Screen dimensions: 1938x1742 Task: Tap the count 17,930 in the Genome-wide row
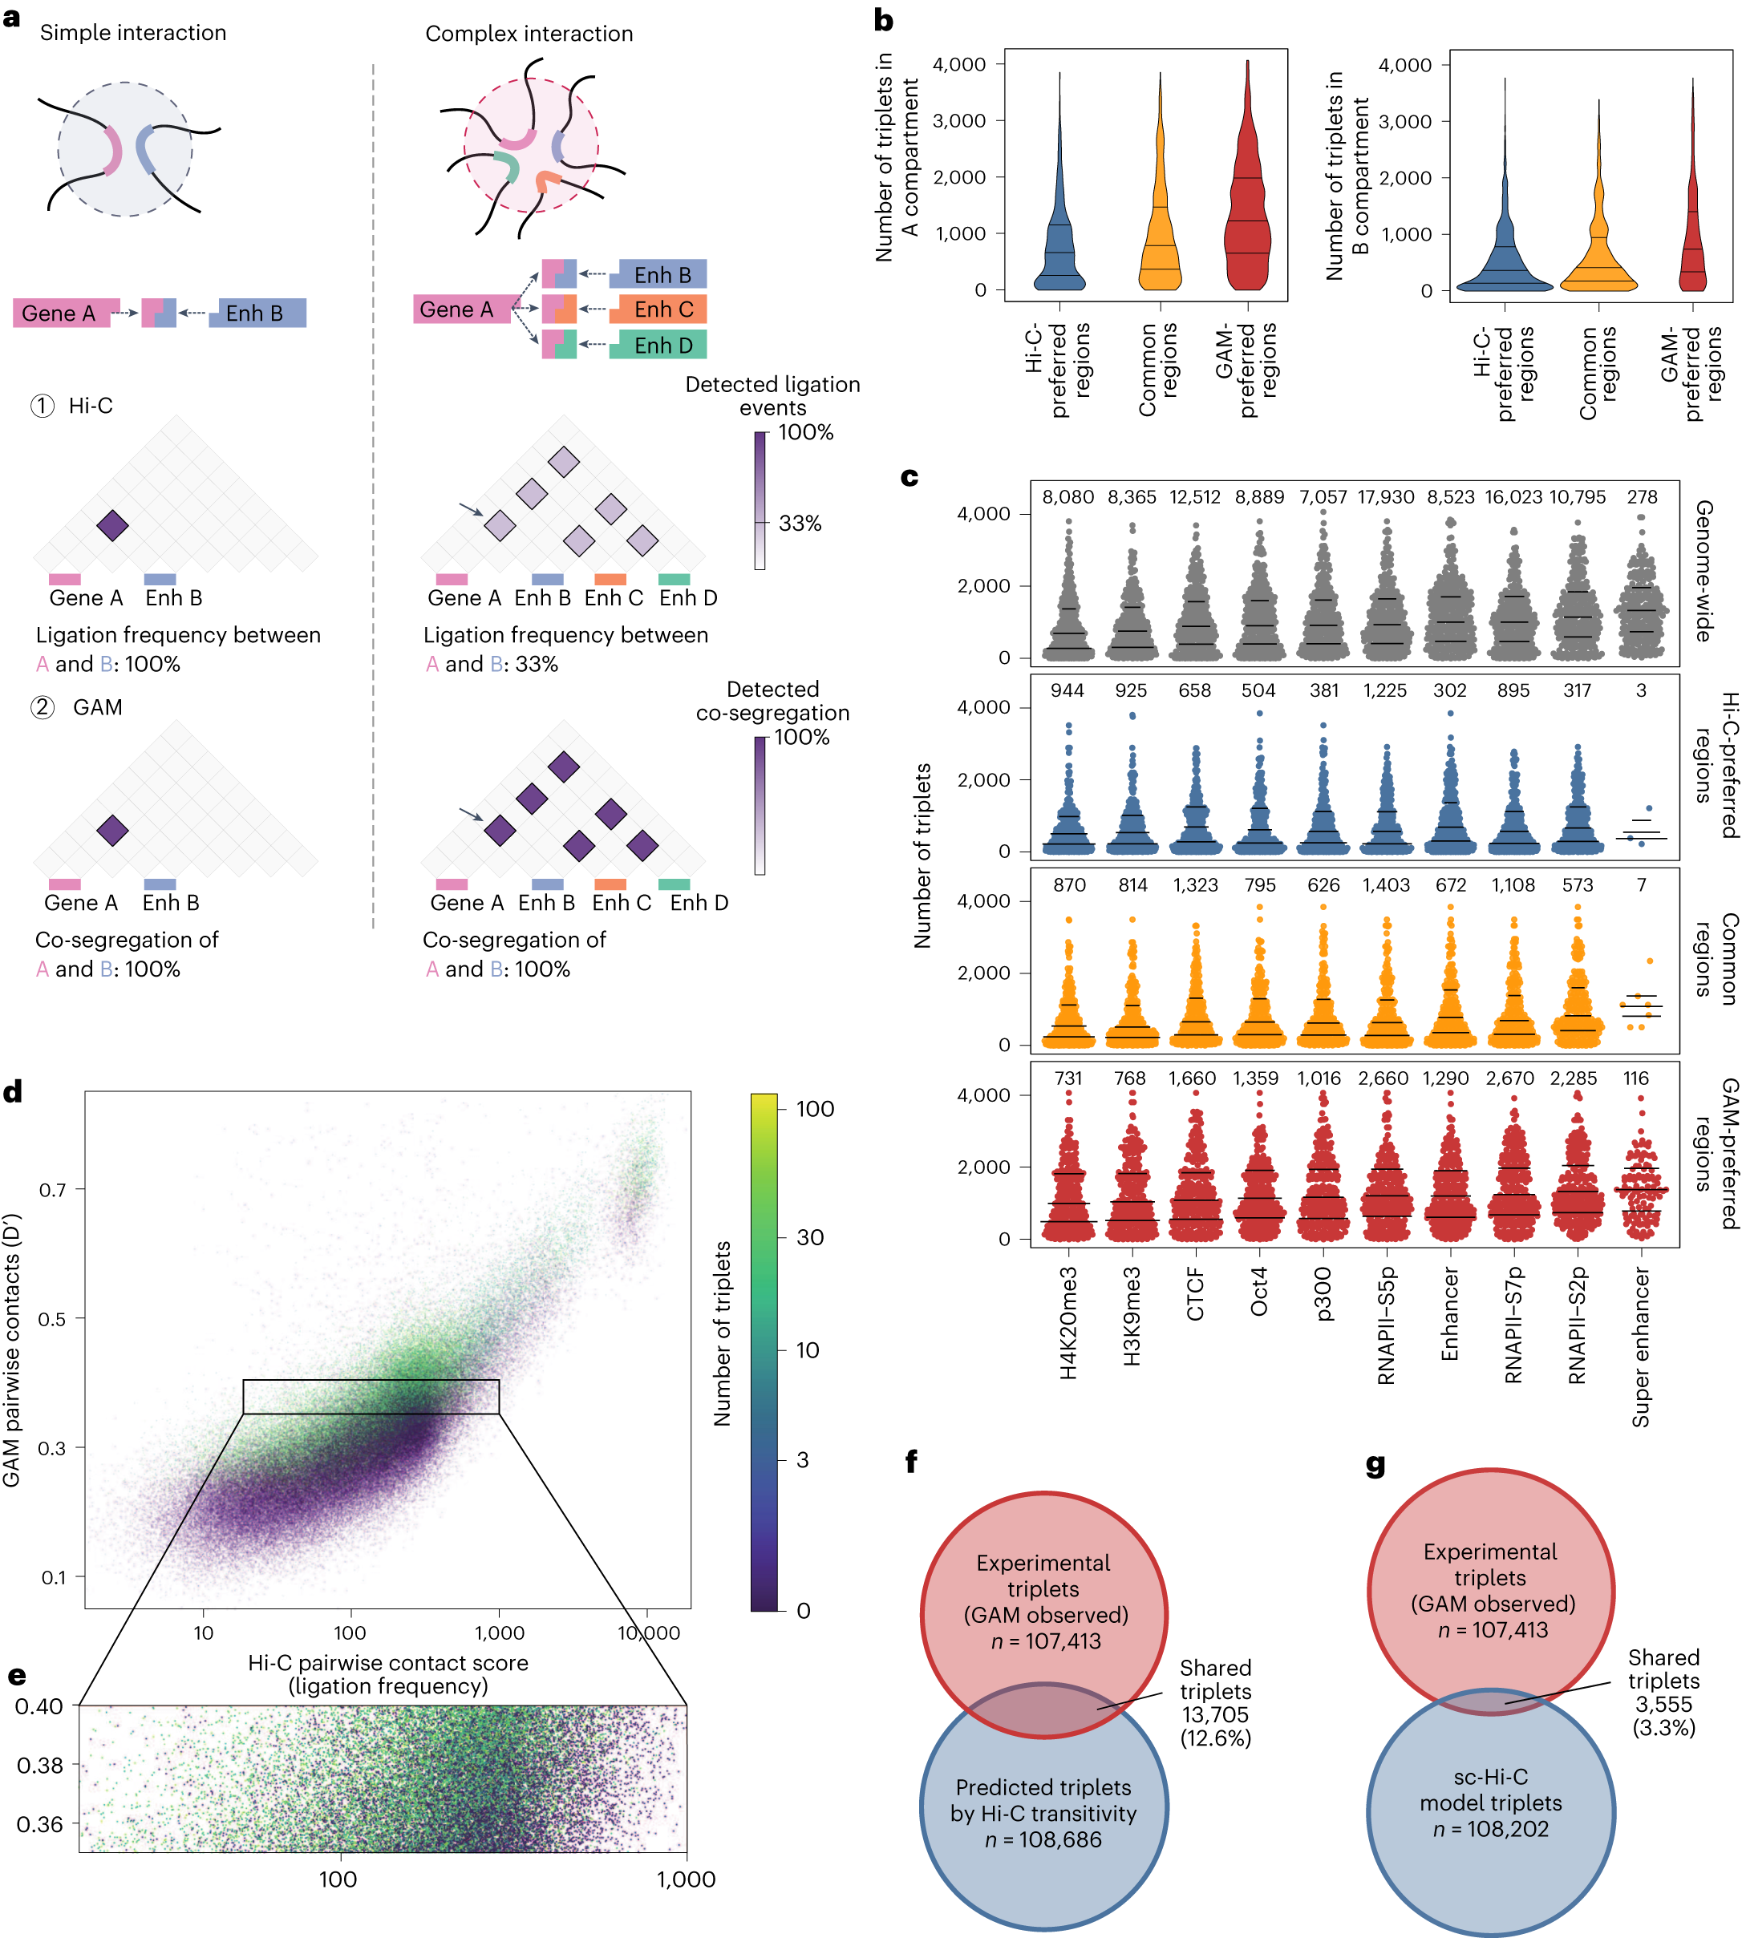[1385, 496]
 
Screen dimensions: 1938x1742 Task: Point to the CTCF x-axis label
[1196, 1294]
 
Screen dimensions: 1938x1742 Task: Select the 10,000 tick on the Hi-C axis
[648, 1633]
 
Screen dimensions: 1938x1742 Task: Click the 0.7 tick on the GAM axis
[53, 1190]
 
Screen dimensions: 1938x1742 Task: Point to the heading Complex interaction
[529, 34]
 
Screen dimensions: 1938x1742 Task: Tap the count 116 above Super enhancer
[1636, 1078]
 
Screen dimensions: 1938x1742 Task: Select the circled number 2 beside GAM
[43, 707]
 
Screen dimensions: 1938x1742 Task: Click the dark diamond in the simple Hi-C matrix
[113, 525]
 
